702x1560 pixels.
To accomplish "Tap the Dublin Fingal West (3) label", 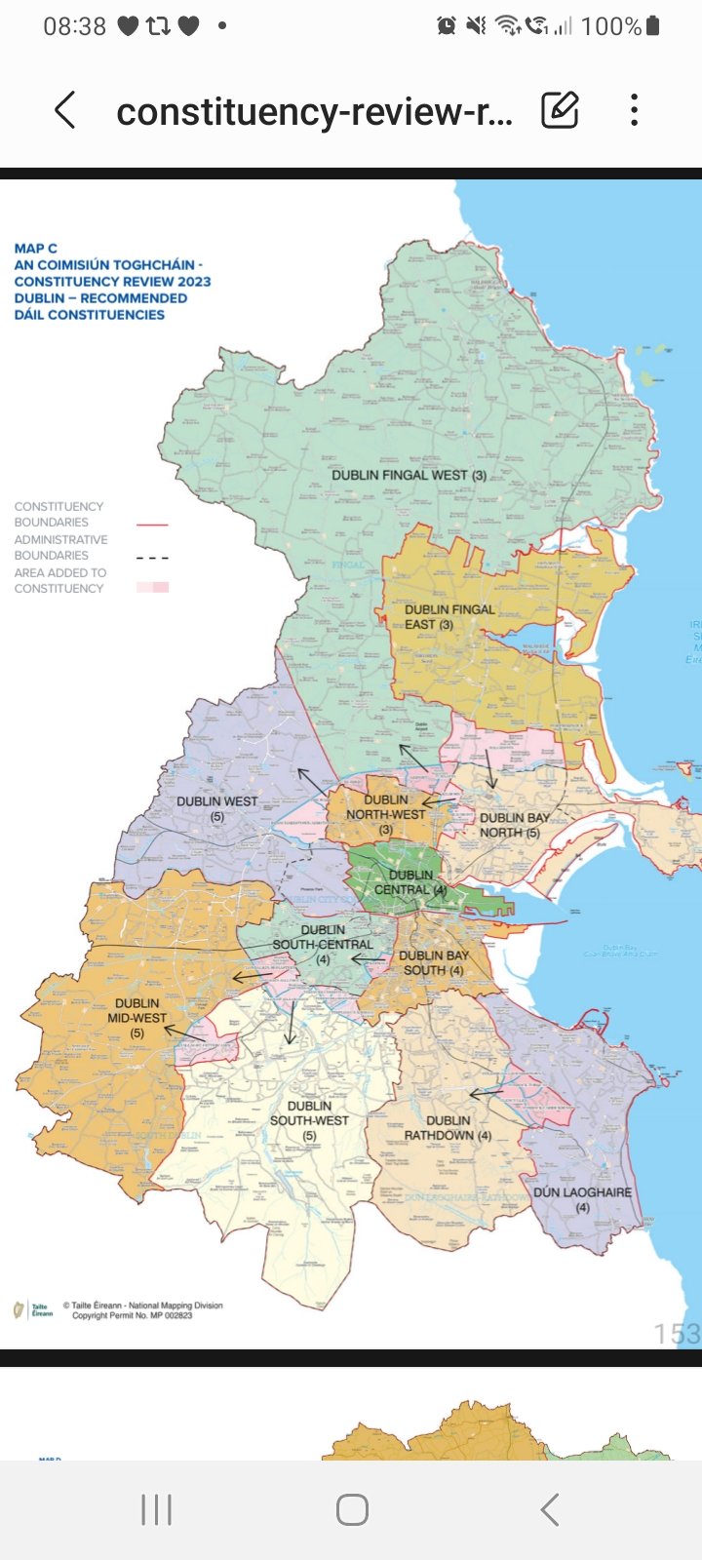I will pyautogui.click(x=409, y=475).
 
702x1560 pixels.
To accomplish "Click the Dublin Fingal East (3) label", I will pyautogui.click(x=448, y=617).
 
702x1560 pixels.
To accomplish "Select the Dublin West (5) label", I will pyautogui.click(x=216, y=808).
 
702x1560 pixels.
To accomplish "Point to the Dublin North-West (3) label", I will pyautogui.click(x=386, y=814).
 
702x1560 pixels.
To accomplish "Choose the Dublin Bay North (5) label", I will pyautogui.click(x=514, y=825).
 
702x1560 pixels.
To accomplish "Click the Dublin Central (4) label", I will pyautogui.click(x=410, y=882).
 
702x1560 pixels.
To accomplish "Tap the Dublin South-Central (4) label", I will pyautogui.click(x=323, y=944).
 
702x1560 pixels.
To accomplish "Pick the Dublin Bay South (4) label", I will pyautogui.click(x=434, y=962).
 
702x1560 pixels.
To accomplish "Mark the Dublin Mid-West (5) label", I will pyautogui.click(x=136, y=1017).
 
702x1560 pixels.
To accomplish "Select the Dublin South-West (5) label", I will pyautogui.click(x=309, y=1120).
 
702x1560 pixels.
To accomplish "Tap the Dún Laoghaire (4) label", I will pyautogui.click(x=582, y=1199).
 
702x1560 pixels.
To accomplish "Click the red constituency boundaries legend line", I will pyautogui.click(x=152, y=525).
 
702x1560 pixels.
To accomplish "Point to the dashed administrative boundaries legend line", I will pyautogui.click(x=152, y=558).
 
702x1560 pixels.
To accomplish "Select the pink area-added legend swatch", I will pyautogui.click(x=153, y=587).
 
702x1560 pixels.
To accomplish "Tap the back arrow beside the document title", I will pyautogui.click(x=65, y=110).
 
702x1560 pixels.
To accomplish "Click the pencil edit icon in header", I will pyautogui.click(x=560, y=110).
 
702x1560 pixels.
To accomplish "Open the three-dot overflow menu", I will pyautogui.click(x=635, y=110).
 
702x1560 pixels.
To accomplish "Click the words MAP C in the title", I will pyautogui.click(x=35, y=249).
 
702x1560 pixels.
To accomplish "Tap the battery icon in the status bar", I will pyautogui.click(x=653, y=26).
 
